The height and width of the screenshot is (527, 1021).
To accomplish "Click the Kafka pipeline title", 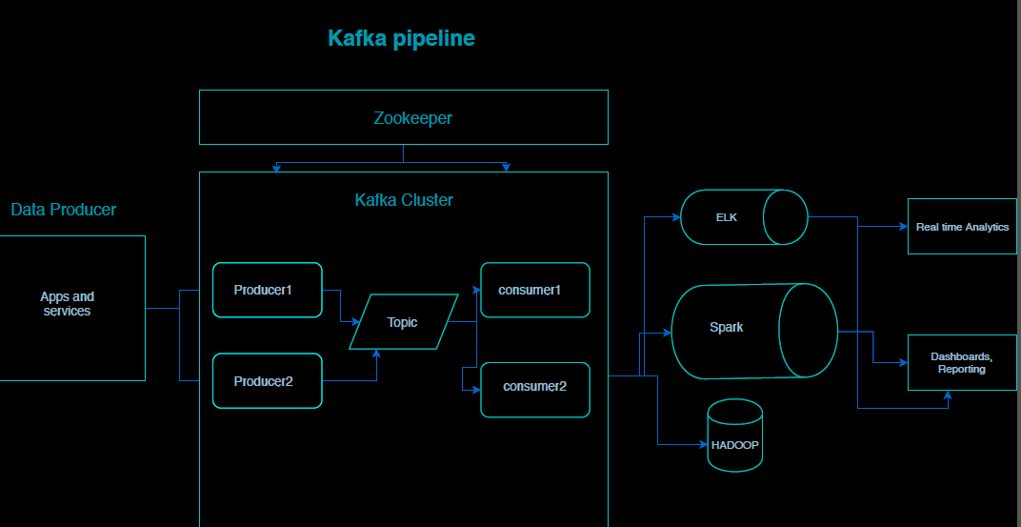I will click(401, 38).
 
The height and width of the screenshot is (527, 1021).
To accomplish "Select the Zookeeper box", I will click(403, 117).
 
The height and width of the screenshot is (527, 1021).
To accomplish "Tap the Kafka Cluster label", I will click(404, 200).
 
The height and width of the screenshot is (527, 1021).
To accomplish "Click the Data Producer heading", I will click(64, 210).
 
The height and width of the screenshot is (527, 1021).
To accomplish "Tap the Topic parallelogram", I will click(403, 322).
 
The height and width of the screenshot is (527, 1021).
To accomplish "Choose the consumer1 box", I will click(535, 290).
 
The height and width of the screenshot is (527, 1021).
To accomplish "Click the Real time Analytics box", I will click(962, 227).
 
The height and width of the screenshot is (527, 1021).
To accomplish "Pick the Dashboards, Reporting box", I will click(962, 362).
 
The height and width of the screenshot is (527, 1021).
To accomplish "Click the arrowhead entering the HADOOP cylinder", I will click(703, 445).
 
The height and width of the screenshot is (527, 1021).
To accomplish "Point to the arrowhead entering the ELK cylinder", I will click(676, 217).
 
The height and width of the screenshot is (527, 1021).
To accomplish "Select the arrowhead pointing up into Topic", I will click(377, 354).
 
